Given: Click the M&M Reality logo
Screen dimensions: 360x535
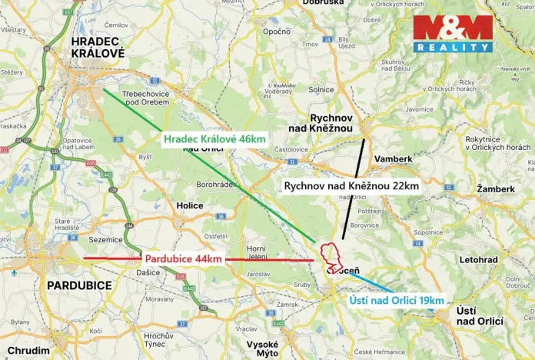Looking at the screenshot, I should click(453, 33).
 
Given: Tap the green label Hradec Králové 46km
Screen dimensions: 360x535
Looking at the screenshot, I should click(214, 139).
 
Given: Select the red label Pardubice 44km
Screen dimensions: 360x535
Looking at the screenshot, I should click(183, 259).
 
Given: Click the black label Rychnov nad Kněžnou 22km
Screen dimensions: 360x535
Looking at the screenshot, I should click(351, 186).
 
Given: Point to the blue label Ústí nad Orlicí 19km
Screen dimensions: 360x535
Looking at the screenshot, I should click(397, 300).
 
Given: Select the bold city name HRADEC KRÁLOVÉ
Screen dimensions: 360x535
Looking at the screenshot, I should click(97, 48).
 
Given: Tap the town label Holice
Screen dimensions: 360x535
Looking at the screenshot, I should click(190, 205).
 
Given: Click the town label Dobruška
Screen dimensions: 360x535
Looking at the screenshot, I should click(324, 3).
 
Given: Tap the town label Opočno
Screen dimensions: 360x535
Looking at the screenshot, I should click(274, 32).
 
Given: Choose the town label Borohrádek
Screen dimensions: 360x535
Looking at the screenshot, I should click(220, 185).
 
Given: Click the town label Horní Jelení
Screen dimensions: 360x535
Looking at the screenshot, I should click(257, 252).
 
